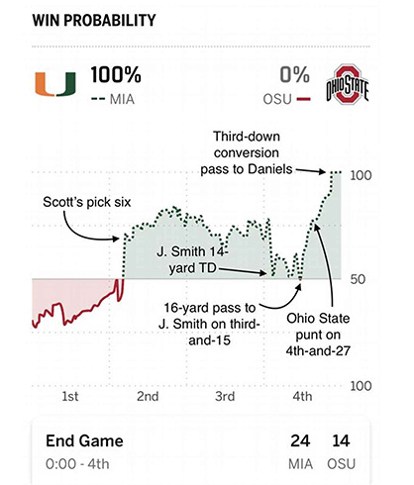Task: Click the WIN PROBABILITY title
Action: pos(78,20)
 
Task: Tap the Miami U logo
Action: pos(52,85)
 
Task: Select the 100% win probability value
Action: pos(116,74)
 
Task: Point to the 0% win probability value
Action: pos(295,74)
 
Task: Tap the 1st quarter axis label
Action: pos(70,396)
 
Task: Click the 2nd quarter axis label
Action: pos(148,396)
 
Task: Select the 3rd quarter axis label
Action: pos(224,396)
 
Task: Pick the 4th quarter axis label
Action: pos(302,396)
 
